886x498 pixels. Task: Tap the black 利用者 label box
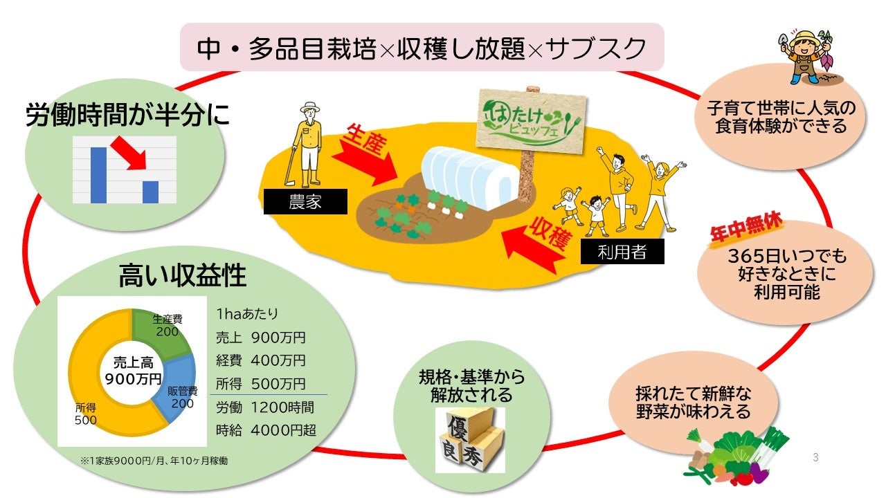pyautogui.click(x=622, y=252)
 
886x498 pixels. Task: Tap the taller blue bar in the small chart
pyautogui.click(x=98, y=175)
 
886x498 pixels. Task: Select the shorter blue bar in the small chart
pyautogui.click(x=150, y=192)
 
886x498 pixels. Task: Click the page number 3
pyautogui.click(x=815, y=457)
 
